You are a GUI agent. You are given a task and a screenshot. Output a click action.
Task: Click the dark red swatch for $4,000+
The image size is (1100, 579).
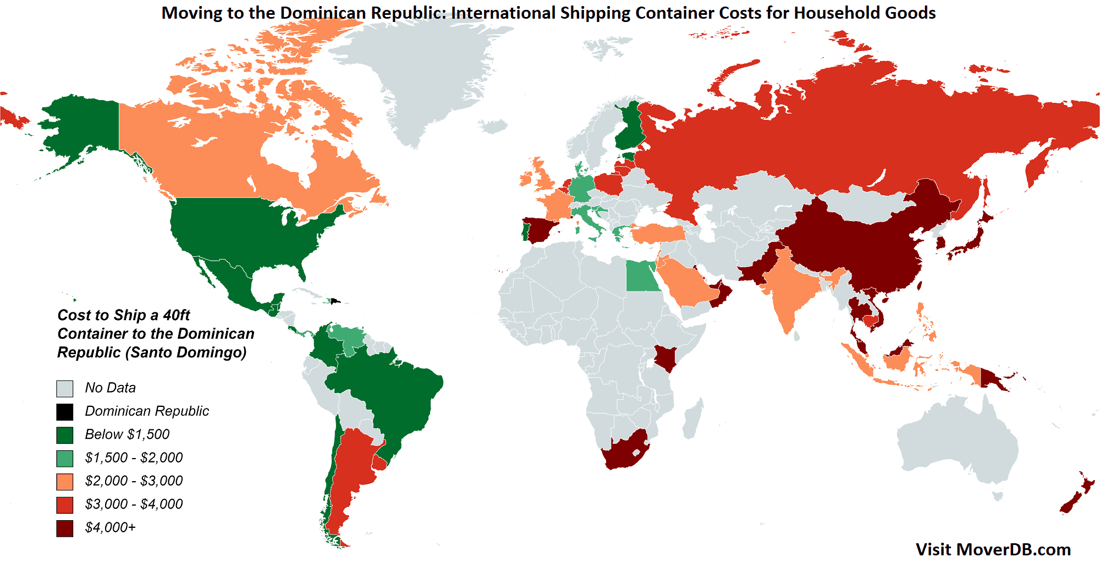click(x=64, y=528)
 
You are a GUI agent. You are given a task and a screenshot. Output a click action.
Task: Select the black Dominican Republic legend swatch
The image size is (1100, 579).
click(x=64, y=412)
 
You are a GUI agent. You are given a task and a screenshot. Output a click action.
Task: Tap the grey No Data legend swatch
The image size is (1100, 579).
click(x=64, y=389)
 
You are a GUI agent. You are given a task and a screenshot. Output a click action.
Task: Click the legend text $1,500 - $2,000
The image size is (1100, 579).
click(x=134, y=457)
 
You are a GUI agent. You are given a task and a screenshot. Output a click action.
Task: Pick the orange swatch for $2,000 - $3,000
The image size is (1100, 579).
click(x=64, y=482)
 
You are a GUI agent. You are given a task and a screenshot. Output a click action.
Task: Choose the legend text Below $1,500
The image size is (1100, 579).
click(x=127, y=434)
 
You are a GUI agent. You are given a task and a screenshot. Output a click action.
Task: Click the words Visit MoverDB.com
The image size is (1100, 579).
click(x=993, y=549)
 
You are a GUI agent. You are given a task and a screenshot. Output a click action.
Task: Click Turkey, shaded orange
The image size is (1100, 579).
click(x=657, y=234)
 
